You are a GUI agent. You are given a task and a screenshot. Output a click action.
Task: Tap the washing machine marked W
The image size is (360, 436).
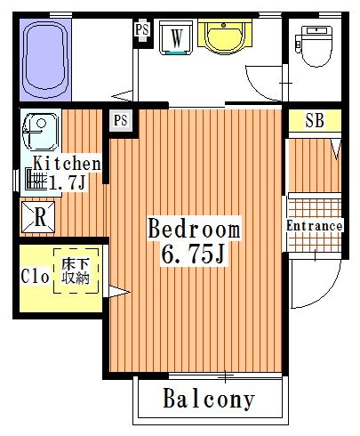tap(177, 38)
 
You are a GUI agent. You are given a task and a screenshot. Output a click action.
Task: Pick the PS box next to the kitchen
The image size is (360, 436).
tap(121, 119)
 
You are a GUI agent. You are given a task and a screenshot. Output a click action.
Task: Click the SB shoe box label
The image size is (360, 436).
tap(314, 120)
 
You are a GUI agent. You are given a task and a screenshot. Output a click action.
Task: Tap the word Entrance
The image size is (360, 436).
tap(314, 226)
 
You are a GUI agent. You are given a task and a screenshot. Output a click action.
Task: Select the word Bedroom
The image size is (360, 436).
tap(194, 230)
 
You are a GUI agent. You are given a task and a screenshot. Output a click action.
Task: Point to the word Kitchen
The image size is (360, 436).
tap(67, 164)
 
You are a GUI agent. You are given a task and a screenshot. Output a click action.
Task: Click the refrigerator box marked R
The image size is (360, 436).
tap(40, 215)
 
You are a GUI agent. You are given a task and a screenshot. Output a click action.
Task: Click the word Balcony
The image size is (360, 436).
tap(209, 400)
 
